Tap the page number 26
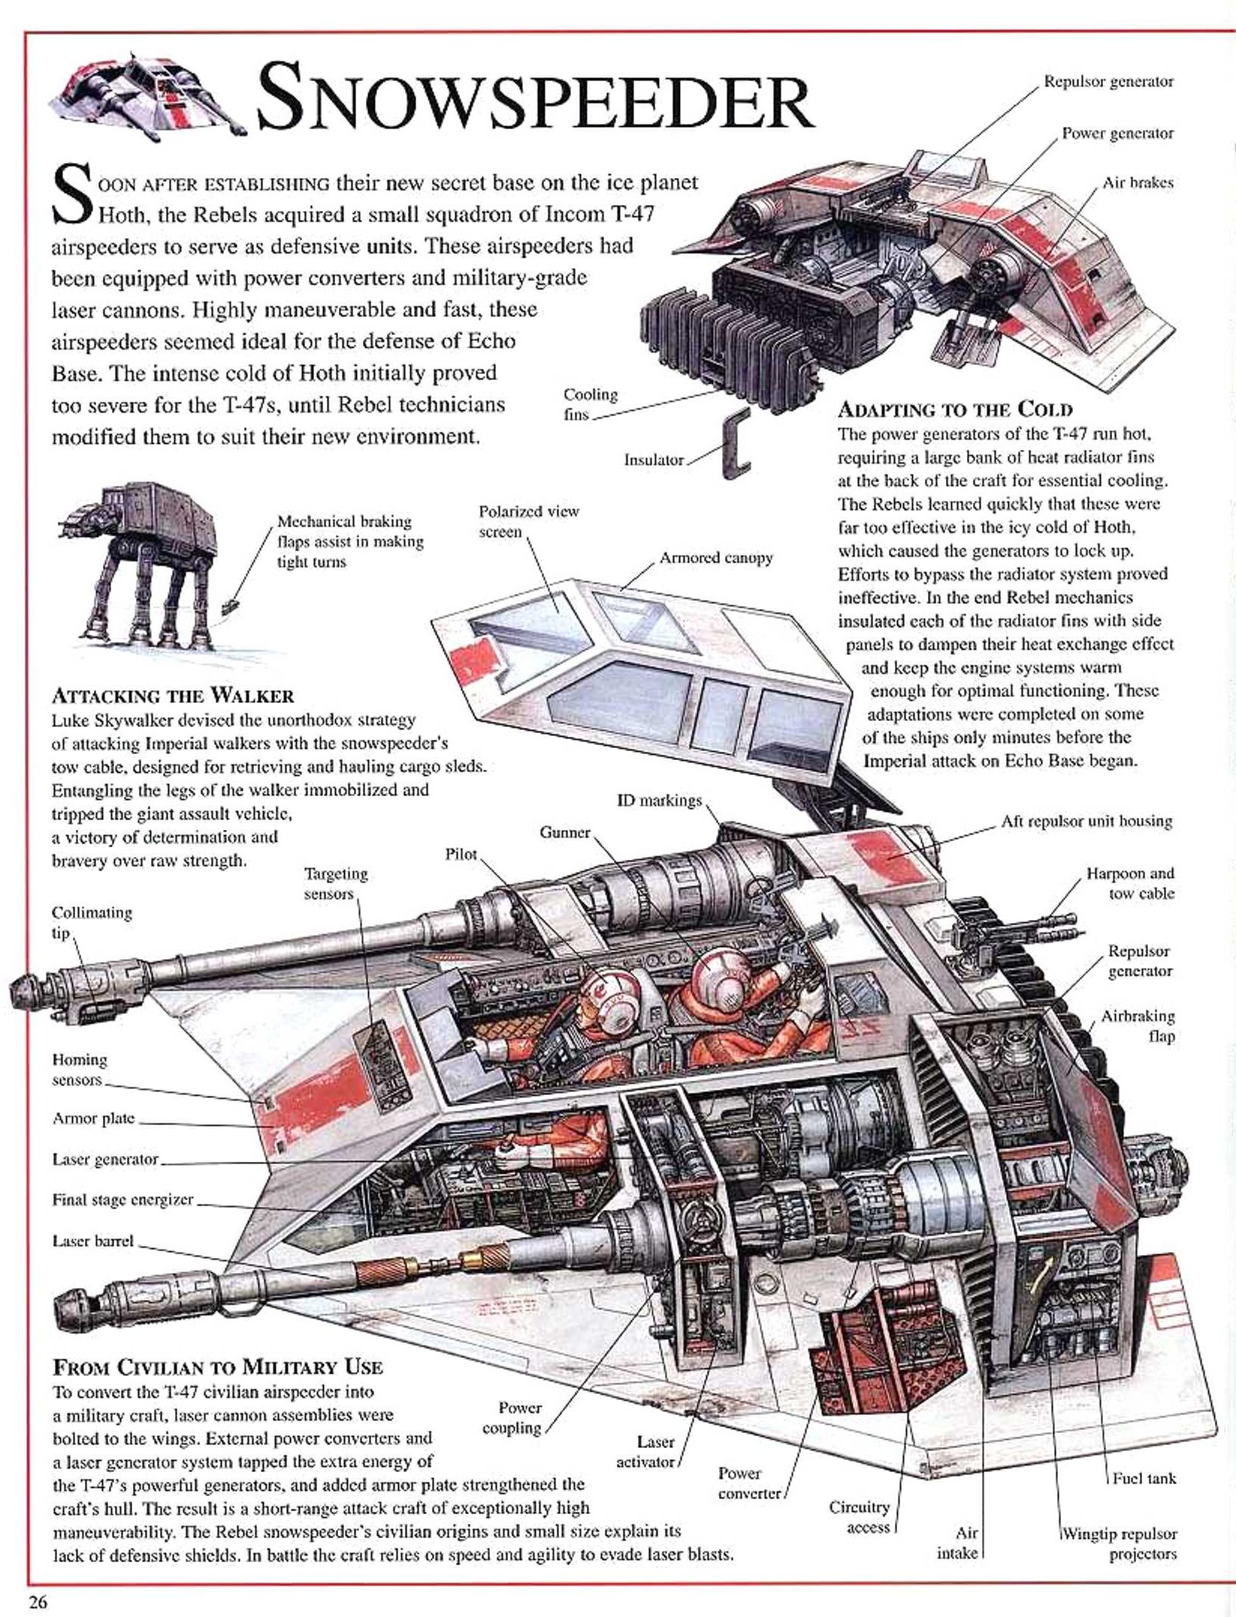tap(38, 1601)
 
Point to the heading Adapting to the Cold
tap(955, 409)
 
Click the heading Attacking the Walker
tap(173, 695)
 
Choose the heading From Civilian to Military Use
tap(218, 1366)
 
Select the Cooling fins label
tap(591, 404)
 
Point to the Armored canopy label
tap(715, 557)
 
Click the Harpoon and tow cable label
tap(1129, 883)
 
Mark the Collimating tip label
tap(91, 922)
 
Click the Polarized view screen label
tap(529, 521)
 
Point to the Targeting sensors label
tap(335, 883)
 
